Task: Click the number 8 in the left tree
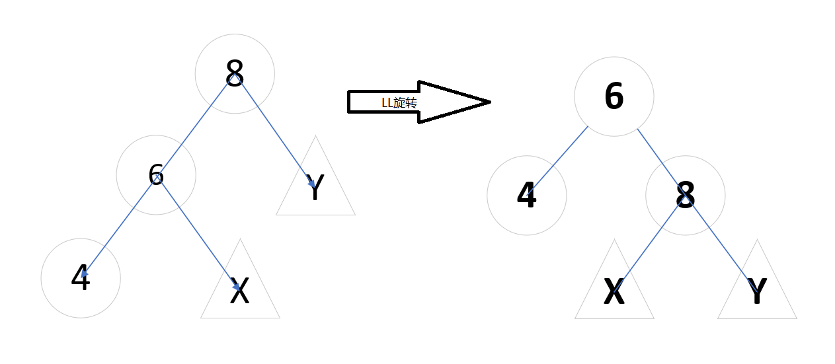(235, 73)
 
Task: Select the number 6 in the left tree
(156, 175)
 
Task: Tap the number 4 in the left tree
(81, 278)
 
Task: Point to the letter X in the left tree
(239, 291)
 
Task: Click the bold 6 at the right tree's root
(614, 96)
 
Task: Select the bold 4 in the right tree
(526, 196)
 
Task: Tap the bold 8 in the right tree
(686, 196)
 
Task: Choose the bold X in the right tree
(614, 293)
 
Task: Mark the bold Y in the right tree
(757, 293)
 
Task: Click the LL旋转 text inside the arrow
(399, 103)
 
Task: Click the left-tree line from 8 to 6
(195, 125)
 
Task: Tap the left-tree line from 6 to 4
(119, 225)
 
